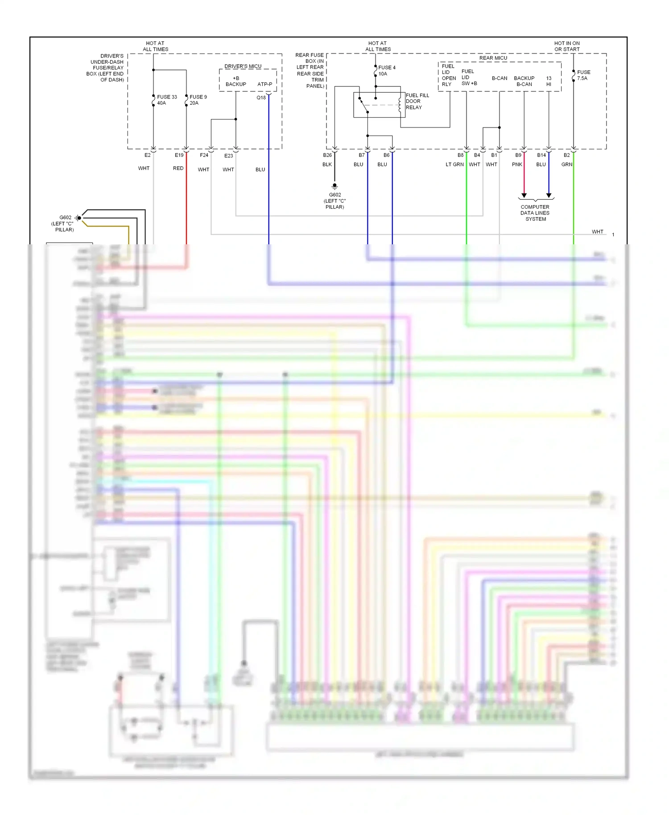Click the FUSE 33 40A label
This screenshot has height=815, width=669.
(166, 100)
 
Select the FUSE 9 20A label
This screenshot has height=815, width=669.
(198, 100)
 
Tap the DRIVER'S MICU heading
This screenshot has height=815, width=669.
(243, 66)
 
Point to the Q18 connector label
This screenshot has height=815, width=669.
(261, 98)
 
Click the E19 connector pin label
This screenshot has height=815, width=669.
(179, 155)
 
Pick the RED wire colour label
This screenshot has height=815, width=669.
(178, 169)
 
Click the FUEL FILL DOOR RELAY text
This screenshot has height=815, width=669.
(417, 101)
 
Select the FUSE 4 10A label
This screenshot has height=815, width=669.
(386, 70)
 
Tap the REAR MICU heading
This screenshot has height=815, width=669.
(493, 58)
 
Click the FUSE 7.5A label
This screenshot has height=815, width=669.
(583, 75)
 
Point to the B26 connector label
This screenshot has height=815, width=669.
(327, 155)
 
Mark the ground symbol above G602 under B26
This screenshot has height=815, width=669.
(334, 186)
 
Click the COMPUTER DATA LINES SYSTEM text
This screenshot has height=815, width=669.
(535, 213)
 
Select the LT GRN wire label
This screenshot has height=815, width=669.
(454, 165)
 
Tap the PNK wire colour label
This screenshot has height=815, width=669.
(517, 165)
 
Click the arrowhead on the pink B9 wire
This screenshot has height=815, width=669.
(524, 195)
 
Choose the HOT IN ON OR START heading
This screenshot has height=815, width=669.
(567, 46)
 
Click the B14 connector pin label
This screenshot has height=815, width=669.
(541, 155)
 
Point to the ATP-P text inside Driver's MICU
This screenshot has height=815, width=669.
(264, 84)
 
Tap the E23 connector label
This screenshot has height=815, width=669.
(228, 156)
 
